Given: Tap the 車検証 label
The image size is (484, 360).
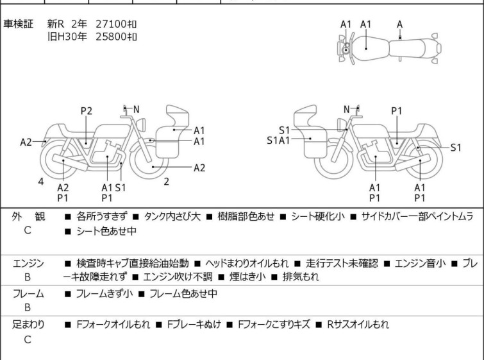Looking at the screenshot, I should click(19, 24).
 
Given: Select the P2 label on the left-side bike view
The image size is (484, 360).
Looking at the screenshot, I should click(87, 111).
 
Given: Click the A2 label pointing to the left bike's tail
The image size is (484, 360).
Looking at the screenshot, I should click(26, 142).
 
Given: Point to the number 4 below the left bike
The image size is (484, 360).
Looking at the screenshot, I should click(41, 182).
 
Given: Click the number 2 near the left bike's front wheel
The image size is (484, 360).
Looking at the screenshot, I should click(166, 182).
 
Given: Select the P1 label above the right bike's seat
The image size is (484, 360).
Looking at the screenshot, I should click(397, 111).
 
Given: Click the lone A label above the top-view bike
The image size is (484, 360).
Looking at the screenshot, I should click(400, 24).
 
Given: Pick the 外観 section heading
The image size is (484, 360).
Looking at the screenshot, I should click(28, 217).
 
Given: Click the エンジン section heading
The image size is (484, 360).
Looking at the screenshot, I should click(28, 264).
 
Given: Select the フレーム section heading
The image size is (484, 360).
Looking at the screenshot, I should click(28, 294).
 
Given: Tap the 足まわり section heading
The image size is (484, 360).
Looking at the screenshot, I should click(28, 325).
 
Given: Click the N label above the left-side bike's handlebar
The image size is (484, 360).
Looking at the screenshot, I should click(136, 109).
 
